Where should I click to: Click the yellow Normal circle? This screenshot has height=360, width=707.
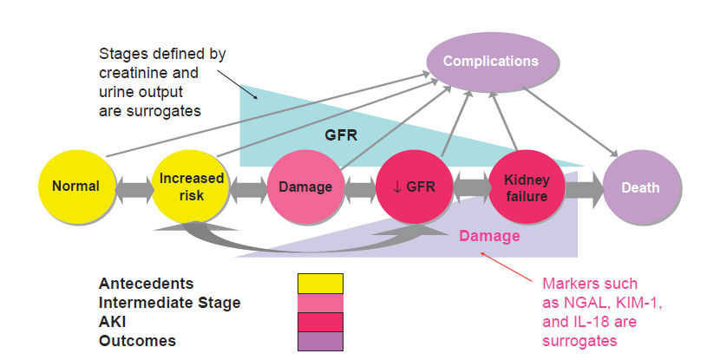(76, 187)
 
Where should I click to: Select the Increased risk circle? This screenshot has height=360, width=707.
(191, 187)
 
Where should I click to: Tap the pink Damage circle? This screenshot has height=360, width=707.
(305, 187)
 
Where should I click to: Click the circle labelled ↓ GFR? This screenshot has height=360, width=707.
(414, 187)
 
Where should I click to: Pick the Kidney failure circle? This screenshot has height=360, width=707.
(527, 187)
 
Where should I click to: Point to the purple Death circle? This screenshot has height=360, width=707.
(641, 187)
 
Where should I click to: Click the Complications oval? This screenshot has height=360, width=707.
(492, 62)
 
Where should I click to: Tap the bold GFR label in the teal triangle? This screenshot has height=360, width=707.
(341, 134)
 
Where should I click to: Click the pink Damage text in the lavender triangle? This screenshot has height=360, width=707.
(489, 235)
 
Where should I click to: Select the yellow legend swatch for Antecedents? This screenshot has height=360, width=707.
(320, 284)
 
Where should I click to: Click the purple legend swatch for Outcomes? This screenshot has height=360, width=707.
(320, 342)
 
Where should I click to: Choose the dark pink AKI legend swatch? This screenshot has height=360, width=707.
(320, 322)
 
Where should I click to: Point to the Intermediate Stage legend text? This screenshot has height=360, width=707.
(169, 303)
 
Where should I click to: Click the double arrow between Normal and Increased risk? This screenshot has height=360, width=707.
(134, 187)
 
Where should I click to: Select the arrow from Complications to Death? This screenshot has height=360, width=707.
(571, 121)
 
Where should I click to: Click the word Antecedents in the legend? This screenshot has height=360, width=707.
(146, 284)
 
